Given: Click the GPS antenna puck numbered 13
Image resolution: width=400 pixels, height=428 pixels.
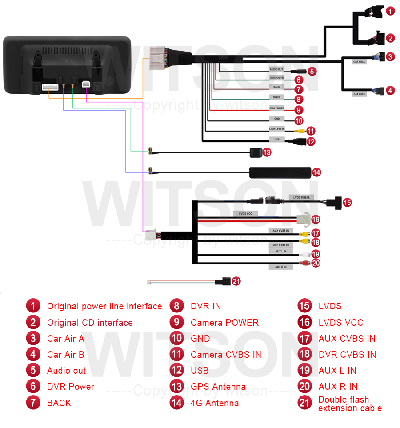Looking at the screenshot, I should click(256, 152).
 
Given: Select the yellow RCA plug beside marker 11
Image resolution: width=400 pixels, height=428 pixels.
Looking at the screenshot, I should click(301, 131).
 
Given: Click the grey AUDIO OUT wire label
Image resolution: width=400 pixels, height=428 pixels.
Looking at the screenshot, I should click(276, 69).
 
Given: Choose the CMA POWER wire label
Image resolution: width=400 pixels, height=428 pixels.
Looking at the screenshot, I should click(276, 108).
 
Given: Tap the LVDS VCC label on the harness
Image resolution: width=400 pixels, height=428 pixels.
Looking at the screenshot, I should click(246, 214).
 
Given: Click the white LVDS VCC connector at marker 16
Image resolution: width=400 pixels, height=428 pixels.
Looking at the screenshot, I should click(302, 219).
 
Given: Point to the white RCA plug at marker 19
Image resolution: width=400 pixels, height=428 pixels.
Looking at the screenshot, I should click(304, 255).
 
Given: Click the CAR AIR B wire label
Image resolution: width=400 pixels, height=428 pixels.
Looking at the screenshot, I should click(359, 94).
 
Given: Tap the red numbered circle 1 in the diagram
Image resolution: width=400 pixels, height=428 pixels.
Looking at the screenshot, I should click(389, 11).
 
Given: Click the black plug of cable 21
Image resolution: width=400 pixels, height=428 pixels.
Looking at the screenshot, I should click(223, 281).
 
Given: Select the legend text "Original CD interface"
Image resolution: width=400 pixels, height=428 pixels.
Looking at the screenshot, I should click(90, 323).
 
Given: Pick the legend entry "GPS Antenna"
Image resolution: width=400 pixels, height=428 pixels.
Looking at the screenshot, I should click(218, 387).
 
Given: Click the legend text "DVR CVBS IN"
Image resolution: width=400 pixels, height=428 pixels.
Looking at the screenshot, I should click(347, 355).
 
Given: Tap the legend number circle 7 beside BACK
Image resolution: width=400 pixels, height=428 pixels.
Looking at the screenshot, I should click(33, 403).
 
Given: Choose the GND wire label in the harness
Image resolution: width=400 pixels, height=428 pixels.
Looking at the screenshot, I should click(276, 119).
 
